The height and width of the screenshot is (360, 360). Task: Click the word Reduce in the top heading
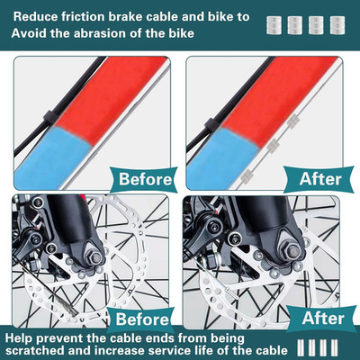(x=35, y=17)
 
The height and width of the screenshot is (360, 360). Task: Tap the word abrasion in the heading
(x=100, y=33)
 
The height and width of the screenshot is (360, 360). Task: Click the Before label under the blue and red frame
(x=145, y=179)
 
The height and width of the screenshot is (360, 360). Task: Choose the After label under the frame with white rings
(x=320, y=179)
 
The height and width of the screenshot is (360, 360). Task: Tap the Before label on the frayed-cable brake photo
(x=142, y=319)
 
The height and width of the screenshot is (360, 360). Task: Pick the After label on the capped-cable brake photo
(x=323, y=319)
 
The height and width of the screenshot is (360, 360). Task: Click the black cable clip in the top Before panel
(x=49, y=119)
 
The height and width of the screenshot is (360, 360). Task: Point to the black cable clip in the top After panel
(x=211, y=124)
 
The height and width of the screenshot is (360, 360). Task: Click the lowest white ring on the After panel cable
(x=246, y=175)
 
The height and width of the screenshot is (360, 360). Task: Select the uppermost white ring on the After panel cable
(x=292, y=121)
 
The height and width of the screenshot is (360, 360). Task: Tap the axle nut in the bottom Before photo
(x=96, y=257)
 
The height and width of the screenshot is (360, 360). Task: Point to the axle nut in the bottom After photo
(x=293, y=252)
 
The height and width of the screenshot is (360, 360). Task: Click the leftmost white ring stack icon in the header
(x=274, y=25)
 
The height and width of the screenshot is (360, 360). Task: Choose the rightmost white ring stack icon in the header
(x=337, y=25)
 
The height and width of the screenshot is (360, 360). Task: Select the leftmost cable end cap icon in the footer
(x=301, y=347)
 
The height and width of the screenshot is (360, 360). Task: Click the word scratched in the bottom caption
(x=35, y=350)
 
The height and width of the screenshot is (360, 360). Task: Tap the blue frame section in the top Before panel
(x=51, y=157)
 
